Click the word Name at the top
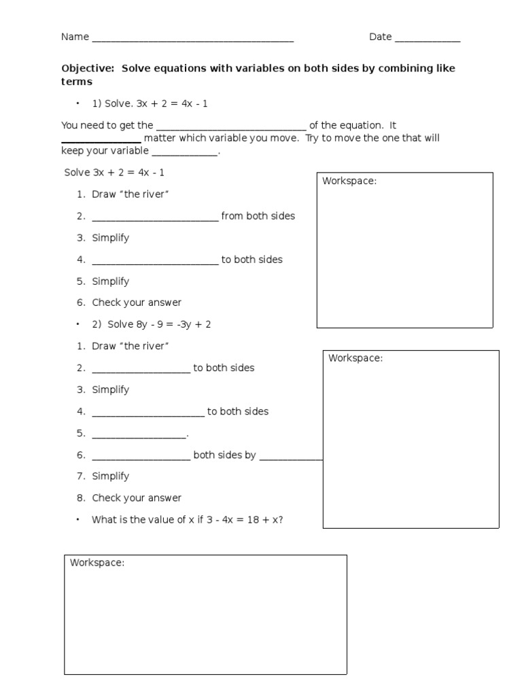click(75, 37)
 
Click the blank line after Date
click(427, 39)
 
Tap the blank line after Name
click(192, 39)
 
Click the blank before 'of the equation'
click(231, 127)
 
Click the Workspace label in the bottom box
click(97, 563)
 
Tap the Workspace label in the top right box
click(349, 181)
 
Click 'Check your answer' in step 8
click(137, 498)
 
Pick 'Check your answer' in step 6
click(137, 302)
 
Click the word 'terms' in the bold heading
click(77, 82)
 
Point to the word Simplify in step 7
click(110, 476)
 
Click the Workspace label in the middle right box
click(355, 358)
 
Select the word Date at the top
click(380, 37)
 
